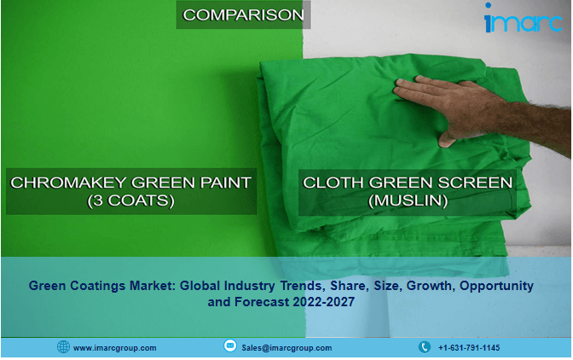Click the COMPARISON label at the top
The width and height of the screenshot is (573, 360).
pos(243,15)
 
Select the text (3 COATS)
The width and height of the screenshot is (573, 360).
pos(131,201)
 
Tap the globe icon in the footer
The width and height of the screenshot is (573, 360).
pos(63,347)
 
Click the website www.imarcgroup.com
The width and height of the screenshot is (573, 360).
pos(114,348)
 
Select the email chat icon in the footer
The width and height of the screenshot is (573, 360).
pos(229,346)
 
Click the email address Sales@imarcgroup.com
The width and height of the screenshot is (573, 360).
pos(286,348)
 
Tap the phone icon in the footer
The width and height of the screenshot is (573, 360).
pos(424,347)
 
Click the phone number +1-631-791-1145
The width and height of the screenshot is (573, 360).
pos(469,348)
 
